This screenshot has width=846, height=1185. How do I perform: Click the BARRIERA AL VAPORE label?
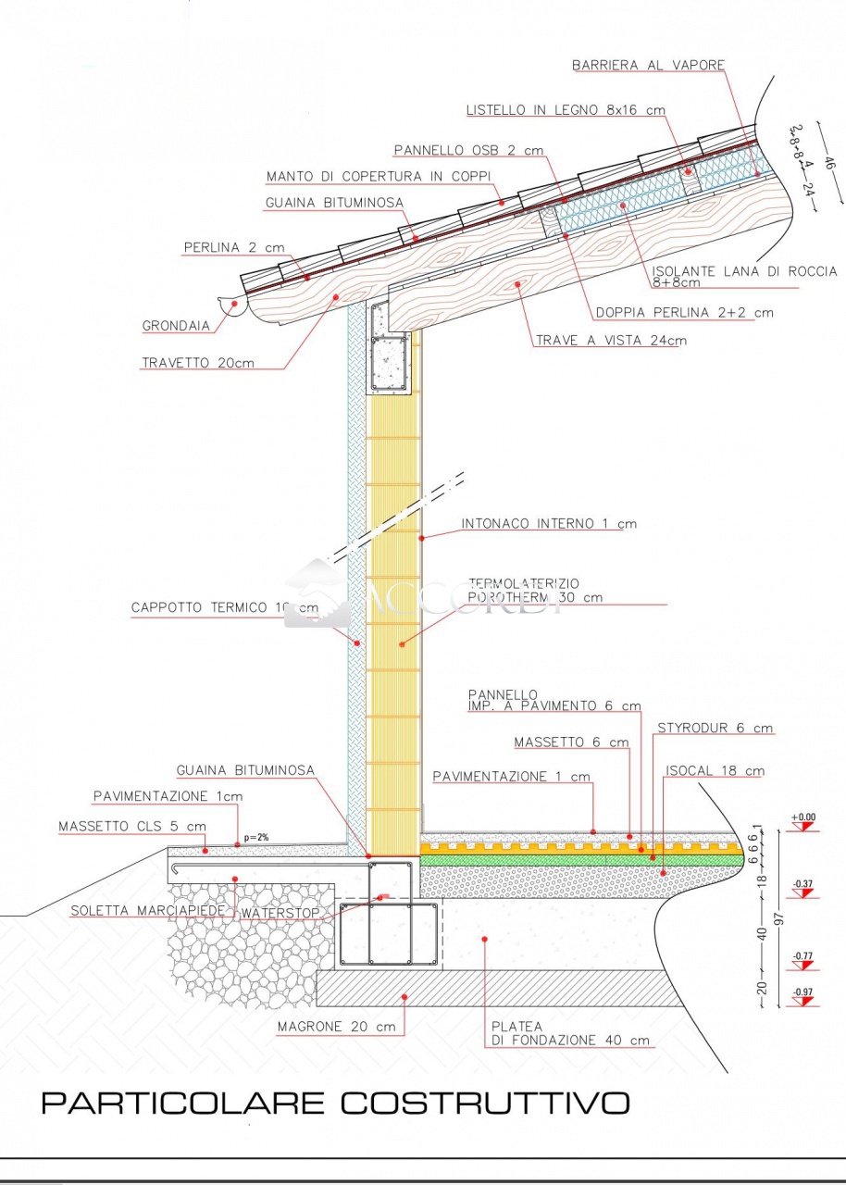click(x=648, y=66)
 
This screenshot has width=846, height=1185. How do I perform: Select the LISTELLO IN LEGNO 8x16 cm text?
click(x=565, y=110)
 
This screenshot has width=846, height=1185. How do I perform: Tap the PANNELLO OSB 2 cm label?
click(x=468, y=150)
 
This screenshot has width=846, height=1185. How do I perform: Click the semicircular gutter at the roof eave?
click(x=231, y=306)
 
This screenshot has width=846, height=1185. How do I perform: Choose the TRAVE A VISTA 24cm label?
click(x=611, y=341)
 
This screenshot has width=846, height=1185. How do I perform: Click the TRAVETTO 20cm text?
click(x=197, y=363)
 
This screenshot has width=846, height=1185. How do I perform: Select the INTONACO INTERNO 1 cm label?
click(x=549, y=524)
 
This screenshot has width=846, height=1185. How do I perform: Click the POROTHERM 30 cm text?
click(x=535, y=597)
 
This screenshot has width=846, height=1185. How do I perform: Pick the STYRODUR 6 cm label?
click(x=715, y=729)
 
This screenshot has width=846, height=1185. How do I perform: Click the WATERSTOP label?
click(x=280, y=914)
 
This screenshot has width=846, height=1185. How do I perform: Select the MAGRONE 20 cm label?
click(x=336, y=1027)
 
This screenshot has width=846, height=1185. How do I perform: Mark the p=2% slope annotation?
click(x=255, y=838)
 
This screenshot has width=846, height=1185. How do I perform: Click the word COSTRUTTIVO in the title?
click(x=485, y=1103)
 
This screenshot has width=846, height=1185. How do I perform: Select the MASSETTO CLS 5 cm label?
click(x=131, y=826)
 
